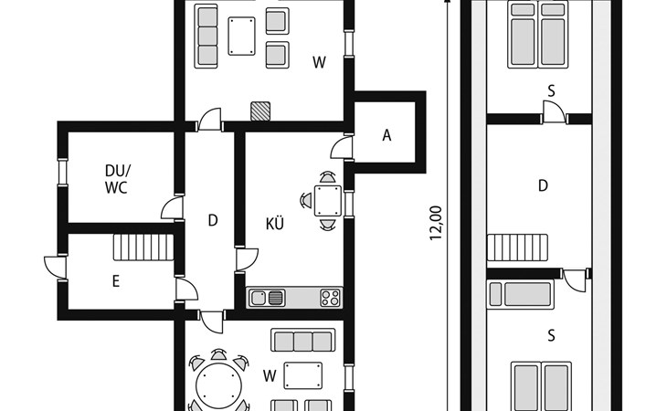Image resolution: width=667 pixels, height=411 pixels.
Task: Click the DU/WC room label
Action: pyautogui.click(x=117, y=179)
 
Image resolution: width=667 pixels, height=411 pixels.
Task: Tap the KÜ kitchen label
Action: pyautogui.click(x=274, y=224)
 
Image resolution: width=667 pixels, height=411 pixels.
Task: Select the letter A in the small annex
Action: pyautogui.click(x=386, y=135)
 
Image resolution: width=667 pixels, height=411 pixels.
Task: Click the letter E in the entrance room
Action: pyautogui.click(x=116, y=281)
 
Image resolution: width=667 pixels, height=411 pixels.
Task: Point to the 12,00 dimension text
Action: pyautogui.click(x=436, y=223)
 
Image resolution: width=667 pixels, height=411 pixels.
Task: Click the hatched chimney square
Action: pyautogui.click(x=260, y=111)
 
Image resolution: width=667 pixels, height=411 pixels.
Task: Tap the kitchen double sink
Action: pyautogui.click(x=267, y=298)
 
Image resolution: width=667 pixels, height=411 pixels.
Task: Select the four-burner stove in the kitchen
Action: pyautogui.click(x=331, y=298)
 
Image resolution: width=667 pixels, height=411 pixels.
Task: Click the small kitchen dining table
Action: pyautogui.click(x=327, y=201)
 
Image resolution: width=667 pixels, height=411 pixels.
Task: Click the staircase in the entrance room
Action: pyautogui.click(x=143, y=247)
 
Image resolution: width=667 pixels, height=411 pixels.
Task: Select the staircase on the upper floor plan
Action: pyautogui.click(x=517, y=247)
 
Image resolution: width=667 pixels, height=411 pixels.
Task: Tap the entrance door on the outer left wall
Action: pyautogui.click(x=56, y=268)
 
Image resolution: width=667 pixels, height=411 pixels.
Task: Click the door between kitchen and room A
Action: pyautogui.click(x=342, y=147)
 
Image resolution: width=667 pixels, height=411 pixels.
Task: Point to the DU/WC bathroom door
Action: pyautogui.click(x=173, y=208)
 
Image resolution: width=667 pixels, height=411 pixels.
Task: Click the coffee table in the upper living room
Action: pyautogui.click(x=241, y=37)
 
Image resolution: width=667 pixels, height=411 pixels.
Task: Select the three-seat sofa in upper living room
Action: pyautogui.click(x=206, y=37)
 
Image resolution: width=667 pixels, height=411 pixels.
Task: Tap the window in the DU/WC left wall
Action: pyautogui.click(x=63, y=172)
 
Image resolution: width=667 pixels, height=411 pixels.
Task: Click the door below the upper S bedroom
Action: pyautogui.click(x=555, y=112)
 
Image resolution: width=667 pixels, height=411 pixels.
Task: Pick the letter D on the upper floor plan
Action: pyautogui.click(x=543, y=185)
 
